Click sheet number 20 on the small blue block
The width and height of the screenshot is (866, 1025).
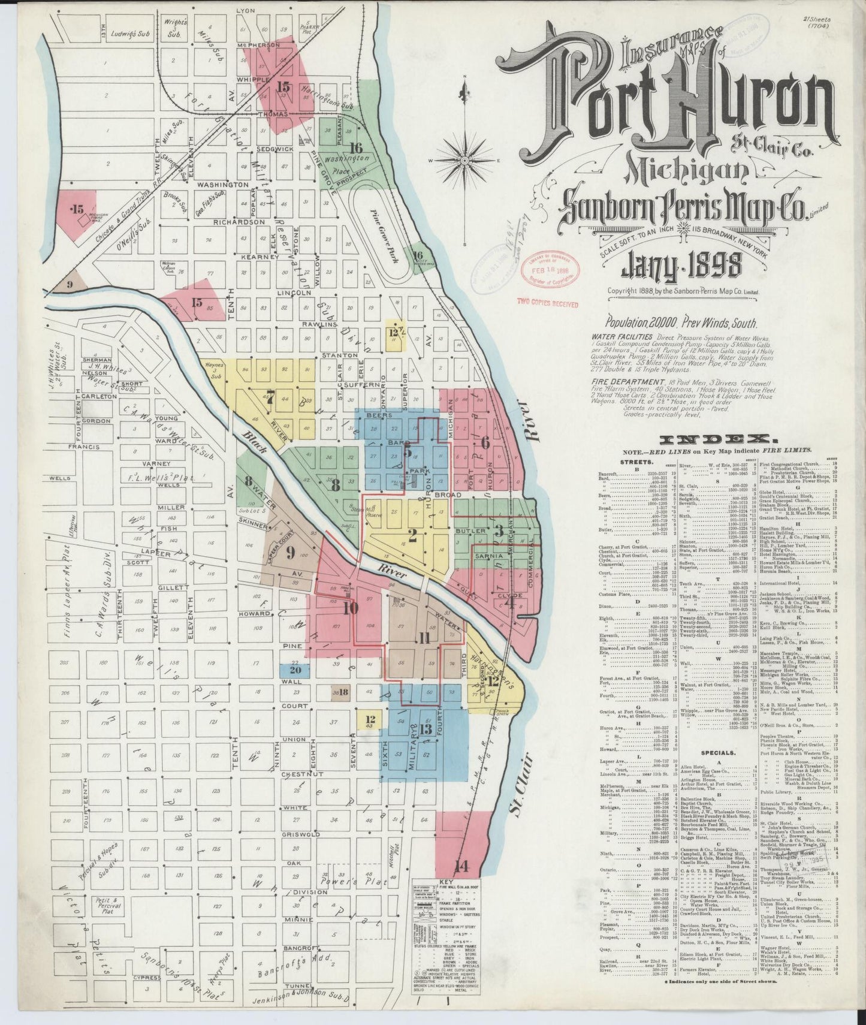pyautogui.click(x=295, y=670)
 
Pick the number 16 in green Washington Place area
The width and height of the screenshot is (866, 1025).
pyautogui.click(x=356, y=147)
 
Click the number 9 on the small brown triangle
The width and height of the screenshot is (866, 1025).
pyautogui.click(x=70, y=284)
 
